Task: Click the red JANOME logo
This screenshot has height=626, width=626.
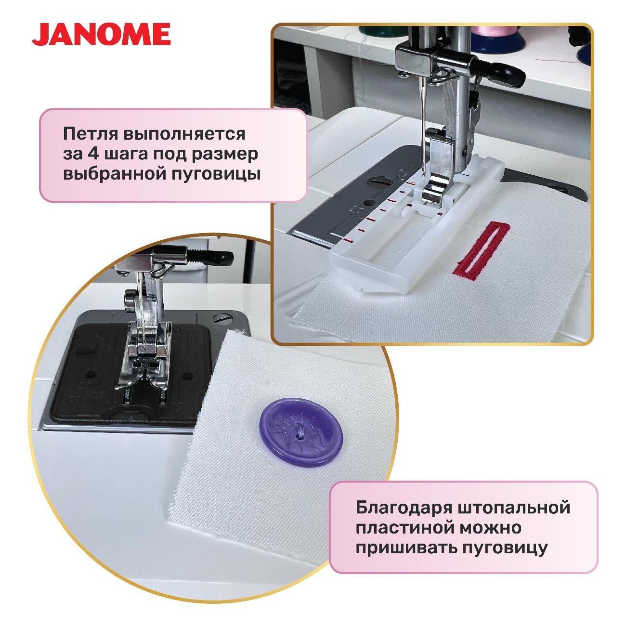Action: [x=101, y=34]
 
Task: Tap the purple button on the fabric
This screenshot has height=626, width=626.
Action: [x=300, y=432]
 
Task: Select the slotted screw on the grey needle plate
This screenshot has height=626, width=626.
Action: [x=378, y=180]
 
